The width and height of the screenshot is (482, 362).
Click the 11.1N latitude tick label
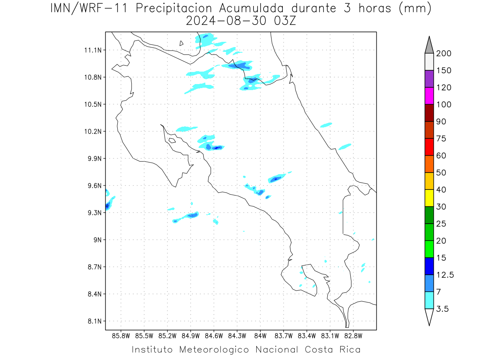click(x=93, y=50)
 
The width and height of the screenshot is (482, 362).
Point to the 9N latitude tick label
click(x=98, y=240)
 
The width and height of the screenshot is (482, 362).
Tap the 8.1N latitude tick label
click(x=95, y=321)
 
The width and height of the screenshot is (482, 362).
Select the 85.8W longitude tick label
click(x=121, y=336)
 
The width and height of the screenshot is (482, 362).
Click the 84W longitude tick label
click(x=260, y=336)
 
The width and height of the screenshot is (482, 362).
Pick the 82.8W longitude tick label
click(x=353, y=336)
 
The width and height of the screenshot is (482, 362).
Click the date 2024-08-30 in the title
click(x=226, y=21)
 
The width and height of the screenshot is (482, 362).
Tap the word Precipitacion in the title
click(x=174, y=8)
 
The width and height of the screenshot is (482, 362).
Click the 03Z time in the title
click(x=285, y=21)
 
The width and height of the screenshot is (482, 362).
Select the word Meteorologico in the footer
click(x=214, y=350)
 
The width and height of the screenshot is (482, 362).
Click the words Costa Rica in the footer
click(x=333, y=350)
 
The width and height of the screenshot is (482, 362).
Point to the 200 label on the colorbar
click(x=443, y=53)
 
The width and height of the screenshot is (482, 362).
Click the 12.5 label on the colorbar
click(x=445, y=275)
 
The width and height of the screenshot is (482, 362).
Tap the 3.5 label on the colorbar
click(x=442, y=309)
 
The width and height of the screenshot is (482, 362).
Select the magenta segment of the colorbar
click(x=429, y=96)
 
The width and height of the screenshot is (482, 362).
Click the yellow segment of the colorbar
click(x=429, y=198)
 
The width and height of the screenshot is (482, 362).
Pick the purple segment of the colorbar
click(x=429, y=79)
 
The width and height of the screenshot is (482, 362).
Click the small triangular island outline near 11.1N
click(x=181, y=43)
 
